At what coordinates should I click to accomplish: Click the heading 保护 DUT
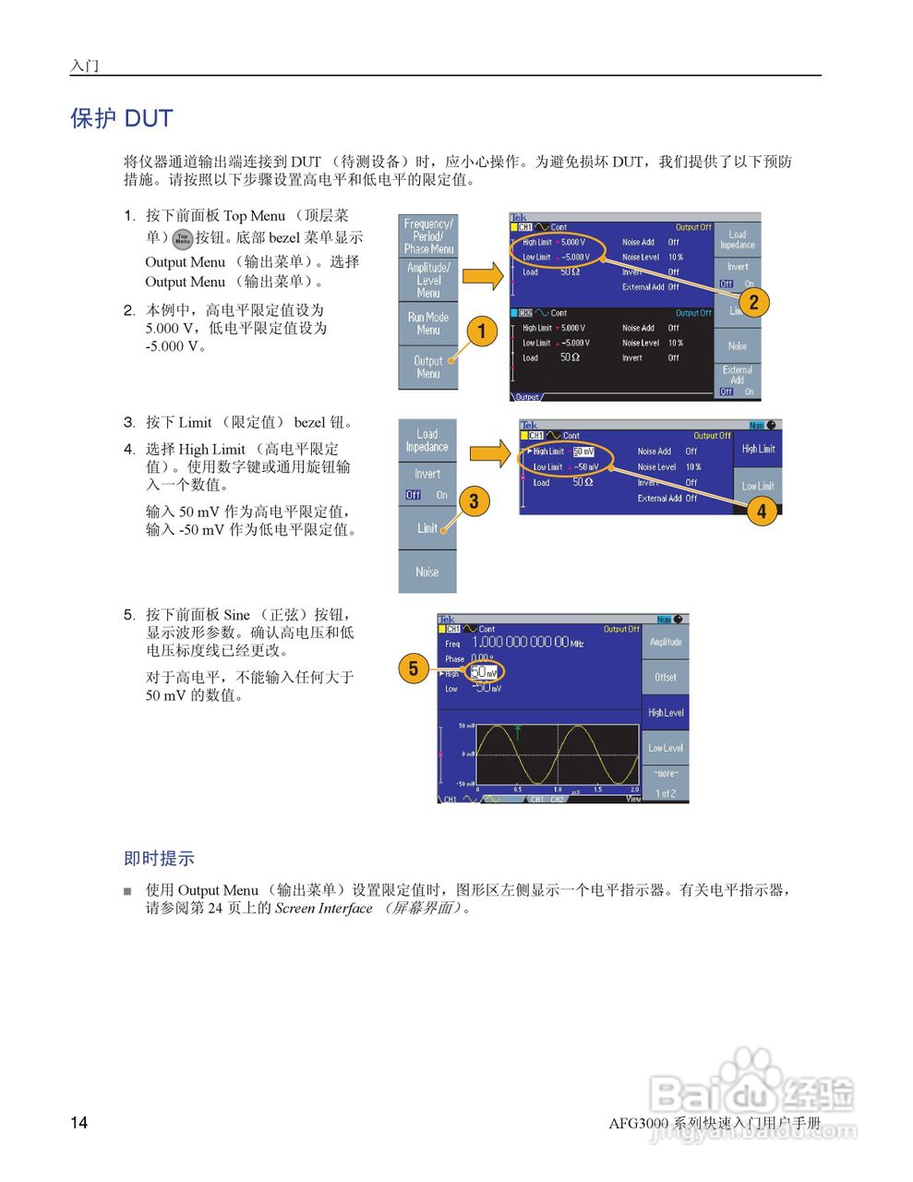tap(122, 118)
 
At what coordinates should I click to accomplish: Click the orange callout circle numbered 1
tap(481, 331)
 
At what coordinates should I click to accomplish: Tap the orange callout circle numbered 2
tap(753, 302)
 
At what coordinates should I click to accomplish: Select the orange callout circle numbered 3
tap(474, 501)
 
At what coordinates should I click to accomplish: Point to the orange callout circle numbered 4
tap(762, 511)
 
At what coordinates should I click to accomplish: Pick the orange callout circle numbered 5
tap(414, 669)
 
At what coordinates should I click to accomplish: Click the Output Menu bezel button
tap(427, 368)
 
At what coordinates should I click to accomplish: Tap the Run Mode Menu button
tap(427, 323)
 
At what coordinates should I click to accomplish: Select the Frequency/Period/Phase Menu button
tap(427, 236)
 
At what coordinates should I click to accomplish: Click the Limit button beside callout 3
tap(427, 528)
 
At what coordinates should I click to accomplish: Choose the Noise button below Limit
tap(427, 573)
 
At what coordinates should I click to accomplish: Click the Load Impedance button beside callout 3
tap(427, 440)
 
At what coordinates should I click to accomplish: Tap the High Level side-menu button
tap(666, 713)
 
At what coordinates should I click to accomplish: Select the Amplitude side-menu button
tap(666, 642)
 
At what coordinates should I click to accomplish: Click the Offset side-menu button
tap(666, 677)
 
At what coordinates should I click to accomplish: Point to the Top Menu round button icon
tap(183, 238)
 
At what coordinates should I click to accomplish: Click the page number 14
tap(79, 1123)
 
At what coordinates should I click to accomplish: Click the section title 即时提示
tap(159, 859)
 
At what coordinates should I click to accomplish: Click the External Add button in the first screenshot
tap(738, 375)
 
